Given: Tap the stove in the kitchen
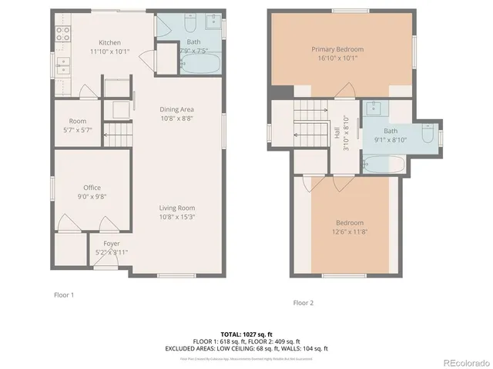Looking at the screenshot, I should pos(61,35).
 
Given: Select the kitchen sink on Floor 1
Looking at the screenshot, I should pos(62,65).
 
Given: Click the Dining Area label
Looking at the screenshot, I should pos(176,109).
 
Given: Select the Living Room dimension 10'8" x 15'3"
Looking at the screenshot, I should pos(176,217).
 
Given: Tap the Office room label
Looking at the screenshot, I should pos(92,188).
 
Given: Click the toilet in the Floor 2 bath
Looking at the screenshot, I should pos(428,137).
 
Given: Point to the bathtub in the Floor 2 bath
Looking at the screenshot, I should pos(380,162).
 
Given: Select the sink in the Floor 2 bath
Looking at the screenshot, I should pos(374,108).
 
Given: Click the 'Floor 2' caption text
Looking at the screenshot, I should pos(303,303).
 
